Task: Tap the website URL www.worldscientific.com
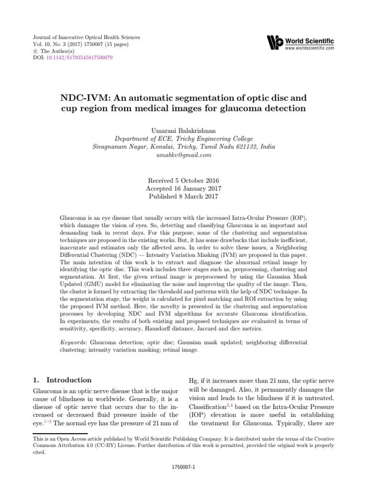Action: [310, 48]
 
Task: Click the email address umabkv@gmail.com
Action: [183, 155]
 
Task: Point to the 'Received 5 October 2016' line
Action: [183, 181]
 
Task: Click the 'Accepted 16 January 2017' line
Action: [183, 189]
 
